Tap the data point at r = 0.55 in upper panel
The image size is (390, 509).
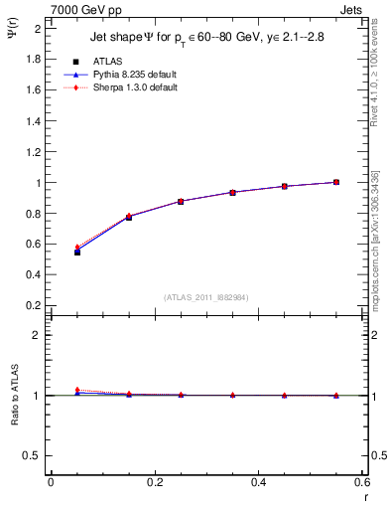[x=336, y=182]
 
